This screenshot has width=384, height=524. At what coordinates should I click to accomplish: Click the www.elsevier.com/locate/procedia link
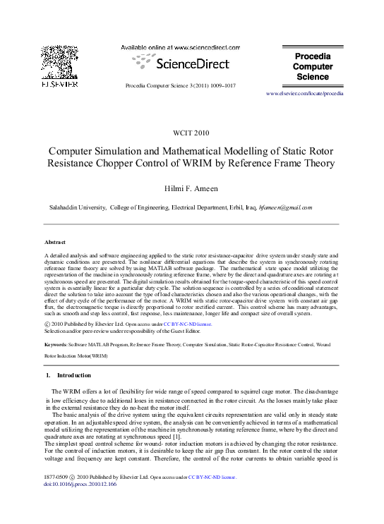pyautogui.click(x=304, y=93)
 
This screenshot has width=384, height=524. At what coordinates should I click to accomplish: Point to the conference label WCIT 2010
pyautogui.click(x=191, y=132)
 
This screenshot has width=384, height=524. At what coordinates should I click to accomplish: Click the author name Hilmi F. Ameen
pyautogui.click(x=191, y=189)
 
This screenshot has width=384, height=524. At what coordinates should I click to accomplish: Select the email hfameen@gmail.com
pyautogui.click(x=285, y=208)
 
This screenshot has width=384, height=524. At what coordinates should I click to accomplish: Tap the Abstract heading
pyautogui.click(x=54, y=242)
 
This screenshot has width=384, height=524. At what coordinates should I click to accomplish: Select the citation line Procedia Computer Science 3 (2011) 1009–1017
pyautogui.click(x=180, y=85)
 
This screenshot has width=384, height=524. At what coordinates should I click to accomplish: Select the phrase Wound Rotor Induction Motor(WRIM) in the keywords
pyautogui.click(x=76, y=357)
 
